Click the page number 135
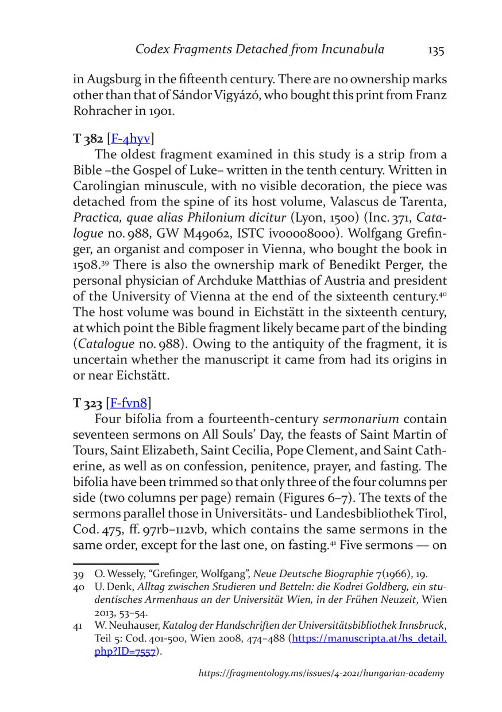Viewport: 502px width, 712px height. pyautogui.click(x=436, y=50)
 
